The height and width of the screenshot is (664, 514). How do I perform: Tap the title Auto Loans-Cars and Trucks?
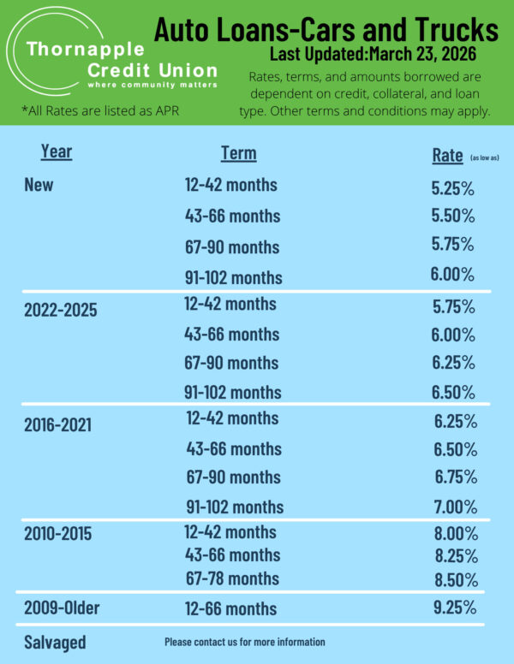tap(326, 31)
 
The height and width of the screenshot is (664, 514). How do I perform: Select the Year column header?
tap(57, 152)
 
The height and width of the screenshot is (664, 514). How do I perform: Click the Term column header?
tap(238, 153)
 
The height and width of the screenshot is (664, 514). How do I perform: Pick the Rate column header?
tap(448, 156)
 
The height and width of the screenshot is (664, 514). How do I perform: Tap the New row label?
tap(39, 186)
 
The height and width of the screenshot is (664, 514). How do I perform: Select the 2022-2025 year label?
tap(61, 309)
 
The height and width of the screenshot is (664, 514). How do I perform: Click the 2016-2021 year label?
tap(58, 424)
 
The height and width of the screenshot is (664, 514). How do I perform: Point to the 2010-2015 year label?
tap(58, 535)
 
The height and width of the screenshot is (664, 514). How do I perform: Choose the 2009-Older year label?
tap(63, 608)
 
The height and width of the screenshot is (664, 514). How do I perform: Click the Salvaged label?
tap(55, 642)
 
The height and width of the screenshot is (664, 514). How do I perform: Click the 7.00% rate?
tap(457, 506)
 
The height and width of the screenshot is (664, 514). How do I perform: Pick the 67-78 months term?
tap(232, 578)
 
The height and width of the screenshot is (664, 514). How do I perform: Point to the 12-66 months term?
tap(231, 609)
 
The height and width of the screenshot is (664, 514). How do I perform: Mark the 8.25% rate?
tap(456, 555)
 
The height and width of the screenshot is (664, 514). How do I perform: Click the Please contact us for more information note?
tap(245, 642)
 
